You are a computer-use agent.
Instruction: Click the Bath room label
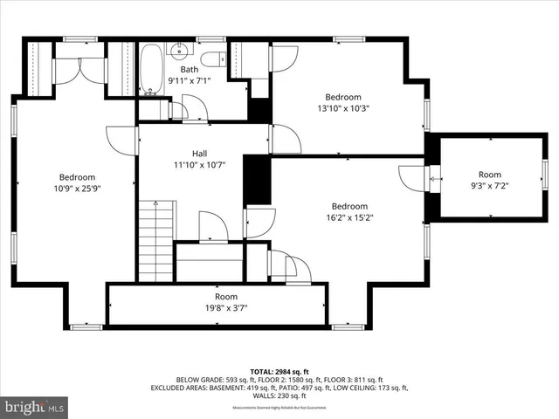[x=190, y=70]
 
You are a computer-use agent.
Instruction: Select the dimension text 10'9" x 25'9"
[x=78, y=186]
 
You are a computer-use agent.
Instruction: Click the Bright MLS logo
[x=33, y=407]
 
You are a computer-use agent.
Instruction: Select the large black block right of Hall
[x=256, y=181]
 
